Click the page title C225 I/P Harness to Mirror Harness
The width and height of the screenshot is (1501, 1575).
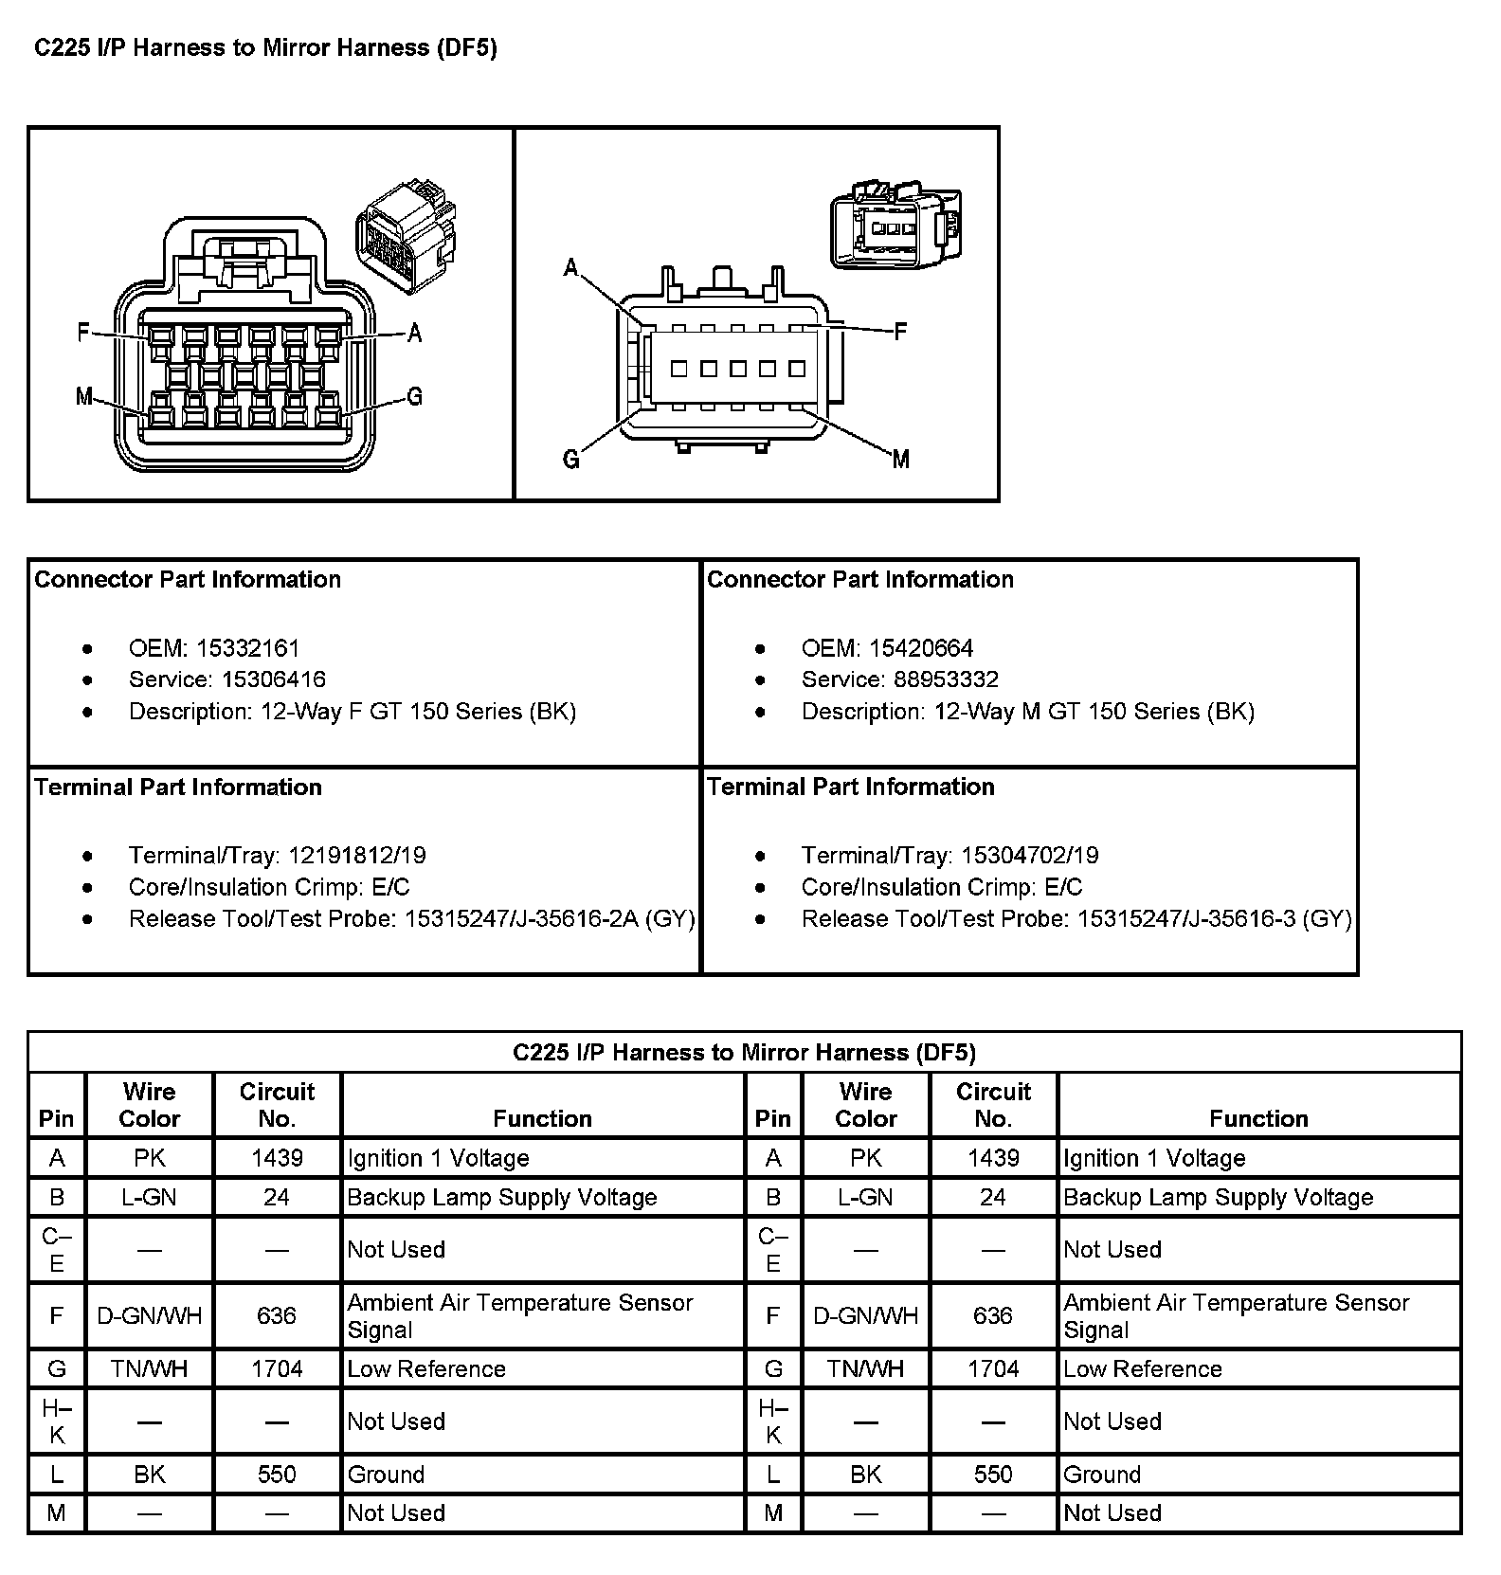click(x=265, y=48)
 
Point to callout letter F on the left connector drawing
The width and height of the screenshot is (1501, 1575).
click(x=83, y=333)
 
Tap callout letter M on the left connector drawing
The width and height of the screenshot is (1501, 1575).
click(x=83, y=396)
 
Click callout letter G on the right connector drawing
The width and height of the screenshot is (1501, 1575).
click(x=570, y=460)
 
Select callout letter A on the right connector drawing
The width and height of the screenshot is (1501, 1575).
click(x=570, y=268)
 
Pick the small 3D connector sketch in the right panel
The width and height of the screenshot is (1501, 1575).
click(x=895, y=226)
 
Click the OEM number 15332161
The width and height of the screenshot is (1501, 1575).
click(x=247, y=648)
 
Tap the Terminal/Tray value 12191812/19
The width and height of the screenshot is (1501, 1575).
click(x=357, y=856)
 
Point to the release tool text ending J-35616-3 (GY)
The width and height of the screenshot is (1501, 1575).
click(x=1214, y=918)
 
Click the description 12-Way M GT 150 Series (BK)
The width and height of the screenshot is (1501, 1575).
click(x=1094, y=712)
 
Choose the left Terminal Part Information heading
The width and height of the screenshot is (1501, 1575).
click(x=178, y=787)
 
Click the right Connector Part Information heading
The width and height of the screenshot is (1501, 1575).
click(x=860, y=579)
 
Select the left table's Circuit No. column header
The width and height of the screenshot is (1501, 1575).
click(x=277, y=1105)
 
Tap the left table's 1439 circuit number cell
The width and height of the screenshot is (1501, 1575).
click(x=277, y=1158)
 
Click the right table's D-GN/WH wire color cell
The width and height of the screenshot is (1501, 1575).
click(x=865, y=1315)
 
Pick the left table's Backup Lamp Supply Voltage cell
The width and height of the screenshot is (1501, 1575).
click(x=502, y=1197)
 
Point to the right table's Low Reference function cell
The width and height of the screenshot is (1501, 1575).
click(x=1143, y=1368)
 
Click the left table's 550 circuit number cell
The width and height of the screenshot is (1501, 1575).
click(x=277, y=1475)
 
